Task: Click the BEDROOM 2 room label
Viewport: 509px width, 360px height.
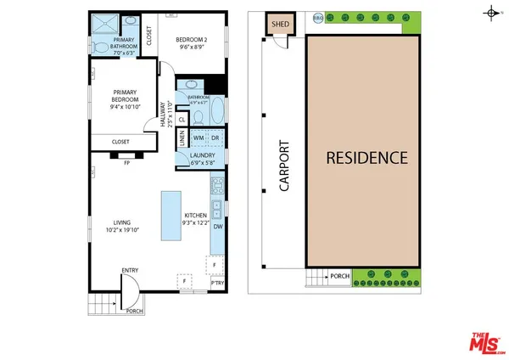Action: [x=193, y=43]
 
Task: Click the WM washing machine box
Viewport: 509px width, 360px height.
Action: [x=198, y=137]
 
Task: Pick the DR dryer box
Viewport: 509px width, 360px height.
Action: [x=215, y=137]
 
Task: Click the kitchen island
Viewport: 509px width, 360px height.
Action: [x=171, y=217]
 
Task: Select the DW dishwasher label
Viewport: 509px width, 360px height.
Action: [x=217, y=227]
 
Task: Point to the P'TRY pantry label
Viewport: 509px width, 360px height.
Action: [x=217, y=283]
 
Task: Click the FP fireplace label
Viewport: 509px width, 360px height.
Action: [x=126, y=162]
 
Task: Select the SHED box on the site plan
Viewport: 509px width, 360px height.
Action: [x=281, y=23]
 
